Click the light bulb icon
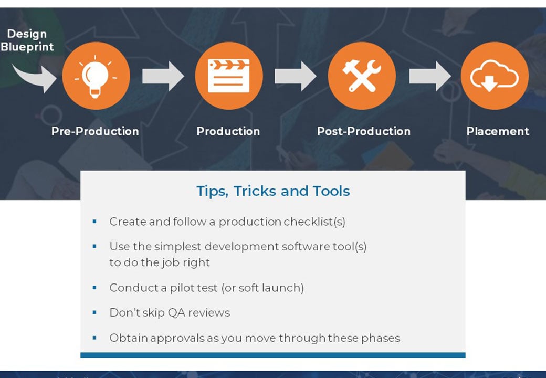(96, 76)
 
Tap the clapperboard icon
(228, 76)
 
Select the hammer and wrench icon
(362, 76)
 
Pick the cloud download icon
(494, 76)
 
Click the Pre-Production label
(95, 131)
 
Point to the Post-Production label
(363, 131)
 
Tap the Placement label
(498, 131)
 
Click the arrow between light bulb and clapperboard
(163, 76)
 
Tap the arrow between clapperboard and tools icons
(295, 76)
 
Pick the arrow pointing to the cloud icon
(429, 76)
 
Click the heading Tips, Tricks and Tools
(273, 191)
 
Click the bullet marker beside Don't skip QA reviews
(94, 312)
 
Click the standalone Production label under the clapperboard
(228, 131)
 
